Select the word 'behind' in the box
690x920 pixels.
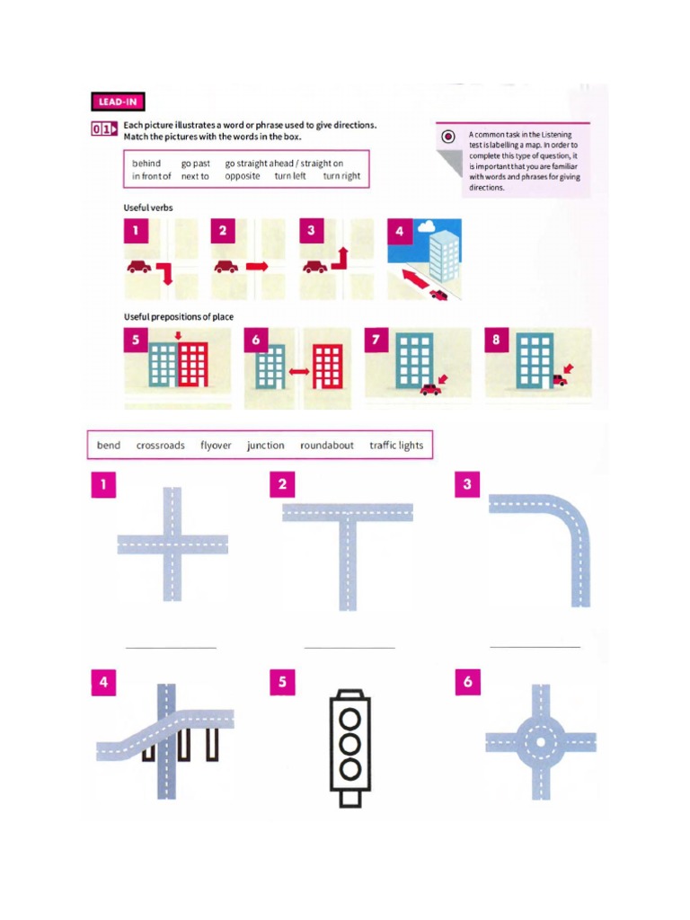[146, 164]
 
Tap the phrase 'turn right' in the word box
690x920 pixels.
[341, 176]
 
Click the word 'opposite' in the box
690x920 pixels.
[243, 176]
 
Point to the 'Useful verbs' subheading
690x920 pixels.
[148, 208]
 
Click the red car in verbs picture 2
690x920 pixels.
[226, 266]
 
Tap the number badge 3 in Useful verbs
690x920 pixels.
[311, 231]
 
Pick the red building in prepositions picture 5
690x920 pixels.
[193, 365]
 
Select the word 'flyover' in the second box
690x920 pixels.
[216, 446]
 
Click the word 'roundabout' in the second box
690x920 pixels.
[327, 446]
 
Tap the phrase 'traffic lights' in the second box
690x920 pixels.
[396, 446]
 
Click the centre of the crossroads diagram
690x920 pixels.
[172, 545]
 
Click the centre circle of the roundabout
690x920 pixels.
[540, 743]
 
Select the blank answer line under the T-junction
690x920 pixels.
[349, 646]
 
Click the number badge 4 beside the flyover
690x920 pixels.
[104, 683]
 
